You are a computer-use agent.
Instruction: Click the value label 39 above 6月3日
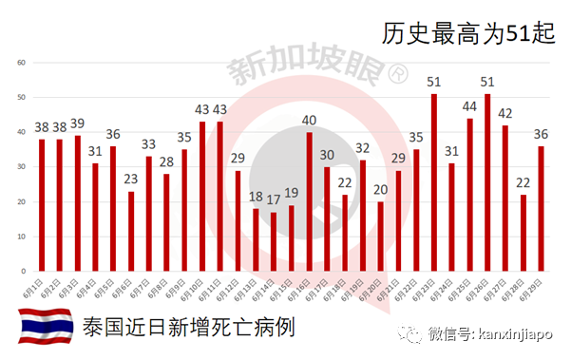pos(77,124)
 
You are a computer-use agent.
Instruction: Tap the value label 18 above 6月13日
pos(256,198)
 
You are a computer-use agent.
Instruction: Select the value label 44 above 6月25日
pos(469,106)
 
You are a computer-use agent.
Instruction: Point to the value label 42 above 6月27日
pos(505,113)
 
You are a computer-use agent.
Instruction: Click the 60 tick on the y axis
pos(21,63)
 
